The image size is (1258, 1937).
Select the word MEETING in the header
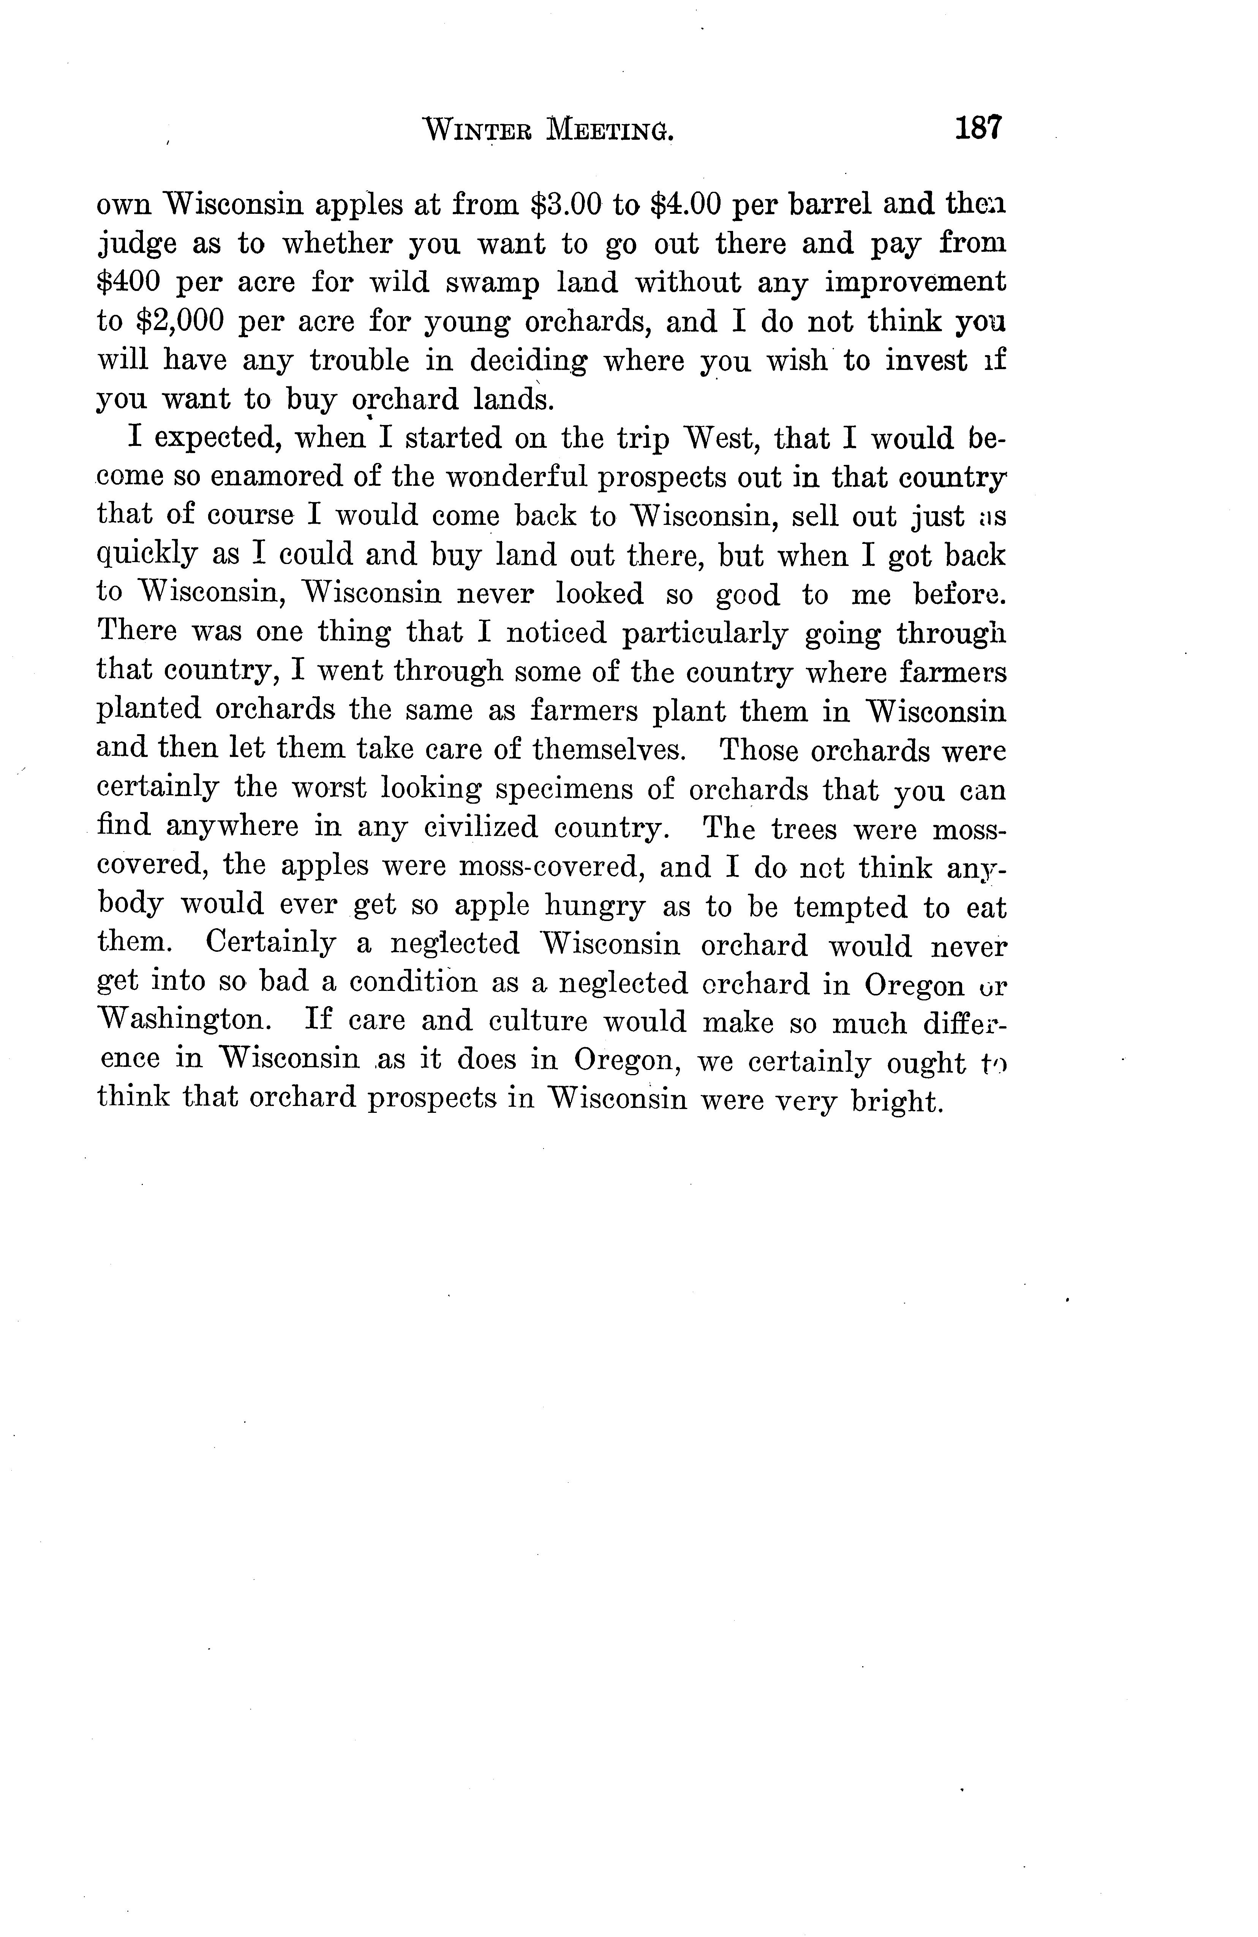pyautogui.click(x=610, y=130)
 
